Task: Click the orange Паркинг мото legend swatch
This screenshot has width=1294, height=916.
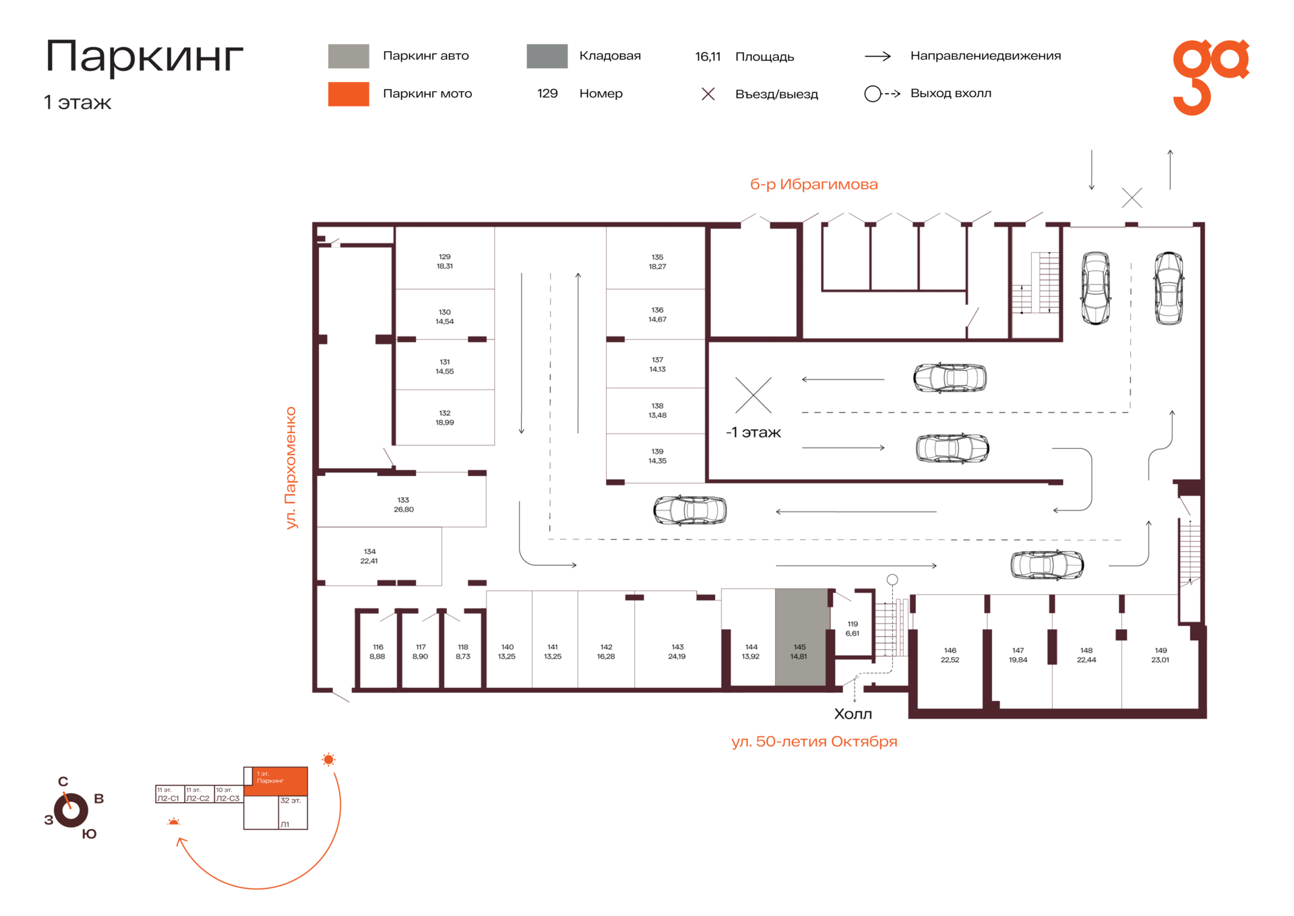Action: pos(348,94)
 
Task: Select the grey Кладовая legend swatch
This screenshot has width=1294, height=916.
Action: pos(547,56)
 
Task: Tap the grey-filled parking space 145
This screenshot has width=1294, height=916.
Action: pos(801,638)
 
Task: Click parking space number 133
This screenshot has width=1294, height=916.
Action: pos(403,500)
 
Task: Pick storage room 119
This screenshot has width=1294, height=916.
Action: pos(853,629)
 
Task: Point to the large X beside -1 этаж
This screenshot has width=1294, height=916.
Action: pos(753,395)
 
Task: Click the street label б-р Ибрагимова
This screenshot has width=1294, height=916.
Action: pos(813,184)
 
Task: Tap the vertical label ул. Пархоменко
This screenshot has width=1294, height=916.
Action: pos(290,468)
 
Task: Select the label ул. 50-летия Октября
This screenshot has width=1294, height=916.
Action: pos(814,741)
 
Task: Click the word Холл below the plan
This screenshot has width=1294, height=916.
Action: pos(853,714)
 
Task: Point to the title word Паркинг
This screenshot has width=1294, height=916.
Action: pos(144,57)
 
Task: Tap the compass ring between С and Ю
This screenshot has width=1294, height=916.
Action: pos(71,810)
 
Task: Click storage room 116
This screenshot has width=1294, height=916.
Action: pos(377,651)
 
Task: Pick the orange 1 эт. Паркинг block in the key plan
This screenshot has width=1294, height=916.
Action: pos(276,781)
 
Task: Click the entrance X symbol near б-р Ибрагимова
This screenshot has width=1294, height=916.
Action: pos(1132,197)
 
